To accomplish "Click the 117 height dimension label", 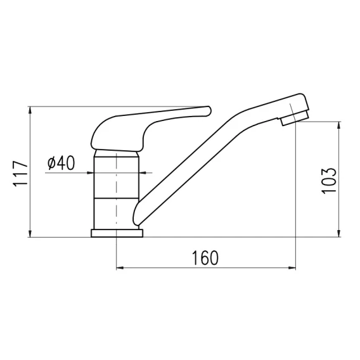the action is (x=21, y=174).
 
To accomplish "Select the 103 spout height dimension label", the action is (x=329, y=181).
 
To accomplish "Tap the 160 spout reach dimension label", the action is (x=205, y=258).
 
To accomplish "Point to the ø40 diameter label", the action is (x=61, y=163).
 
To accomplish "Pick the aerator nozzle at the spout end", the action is (x=295, y=119).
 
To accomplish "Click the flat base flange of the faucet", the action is (x=117, y=233).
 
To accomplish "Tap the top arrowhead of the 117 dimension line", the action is (x=30, y=110).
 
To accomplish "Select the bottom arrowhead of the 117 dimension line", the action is (x=30, y=233).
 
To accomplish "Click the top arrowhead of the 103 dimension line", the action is (x=339, y=125).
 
